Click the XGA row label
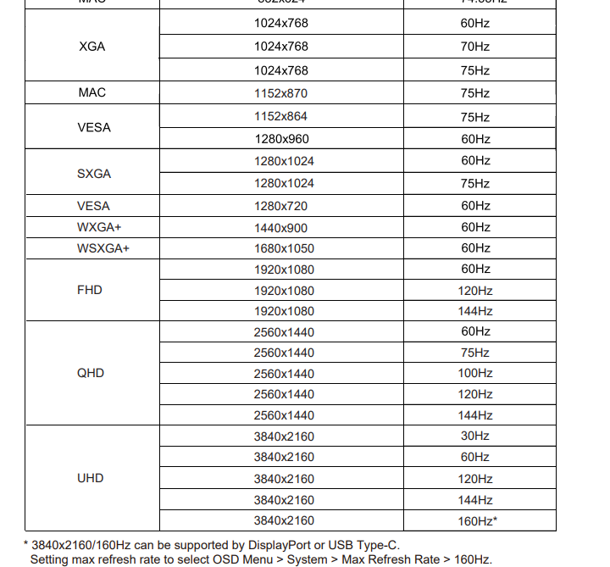(91, 47)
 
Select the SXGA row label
(94, 174)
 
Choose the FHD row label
(89, 290)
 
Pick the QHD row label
(91, 373)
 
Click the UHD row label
(90, 478)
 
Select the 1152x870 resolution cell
(281, 93)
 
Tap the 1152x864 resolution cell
(281, 117)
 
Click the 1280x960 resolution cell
(281, 139)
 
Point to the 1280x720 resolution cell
(281, 206)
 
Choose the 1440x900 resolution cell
(281, 228)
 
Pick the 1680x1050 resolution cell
(284, 249)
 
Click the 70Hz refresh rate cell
(475, 47)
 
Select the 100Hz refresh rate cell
(475, 374)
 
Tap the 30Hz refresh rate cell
(475, 436)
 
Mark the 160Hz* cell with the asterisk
(478, 521)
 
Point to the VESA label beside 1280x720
(93, 206)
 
